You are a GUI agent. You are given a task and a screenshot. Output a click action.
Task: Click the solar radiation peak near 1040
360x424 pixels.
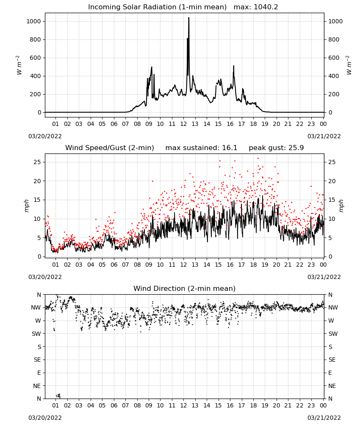point(188,18)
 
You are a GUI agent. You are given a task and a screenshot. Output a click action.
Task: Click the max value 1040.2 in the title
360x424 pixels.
point(266,7)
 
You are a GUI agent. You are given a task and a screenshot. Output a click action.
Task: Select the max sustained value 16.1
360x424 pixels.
point(230,148)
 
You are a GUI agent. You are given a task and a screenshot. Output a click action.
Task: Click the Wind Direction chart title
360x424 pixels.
point(185,288)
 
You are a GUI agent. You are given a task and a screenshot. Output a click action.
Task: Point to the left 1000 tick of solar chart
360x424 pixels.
point(33,21)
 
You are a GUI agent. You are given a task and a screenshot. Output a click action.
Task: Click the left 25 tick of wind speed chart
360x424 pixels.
point(37,162)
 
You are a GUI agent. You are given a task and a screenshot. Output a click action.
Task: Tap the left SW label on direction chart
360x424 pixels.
point(36,334)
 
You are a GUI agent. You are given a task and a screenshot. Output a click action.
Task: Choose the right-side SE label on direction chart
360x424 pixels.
point(332,360)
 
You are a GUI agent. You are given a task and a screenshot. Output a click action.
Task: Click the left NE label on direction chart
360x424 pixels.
point(37,386)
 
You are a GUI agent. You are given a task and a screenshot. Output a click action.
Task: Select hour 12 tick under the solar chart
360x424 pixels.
point(183,124)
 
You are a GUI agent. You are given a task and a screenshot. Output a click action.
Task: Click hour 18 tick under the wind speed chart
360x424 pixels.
point(253,265)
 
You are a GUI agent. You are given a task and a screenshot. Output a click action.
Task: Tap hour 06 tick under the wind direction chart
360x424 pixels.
point(114,405)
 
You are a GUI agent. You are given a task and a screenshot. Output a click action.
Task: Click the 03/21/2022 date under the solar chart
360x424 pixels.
point(324,136)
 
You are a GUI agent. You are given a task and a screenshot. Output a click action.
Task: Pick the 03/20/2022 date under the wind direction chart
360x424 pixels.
point(45,418)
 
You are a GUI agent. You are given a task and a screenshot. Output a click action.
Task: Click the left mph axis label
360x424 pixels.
point(26,206)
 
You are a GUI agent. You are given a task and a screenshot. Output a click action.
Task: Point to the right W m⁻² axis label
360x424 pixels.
point(349,65)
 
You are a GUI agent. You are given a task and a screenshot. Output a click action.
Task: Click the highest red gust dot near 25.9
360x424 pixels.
point(258,159)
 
